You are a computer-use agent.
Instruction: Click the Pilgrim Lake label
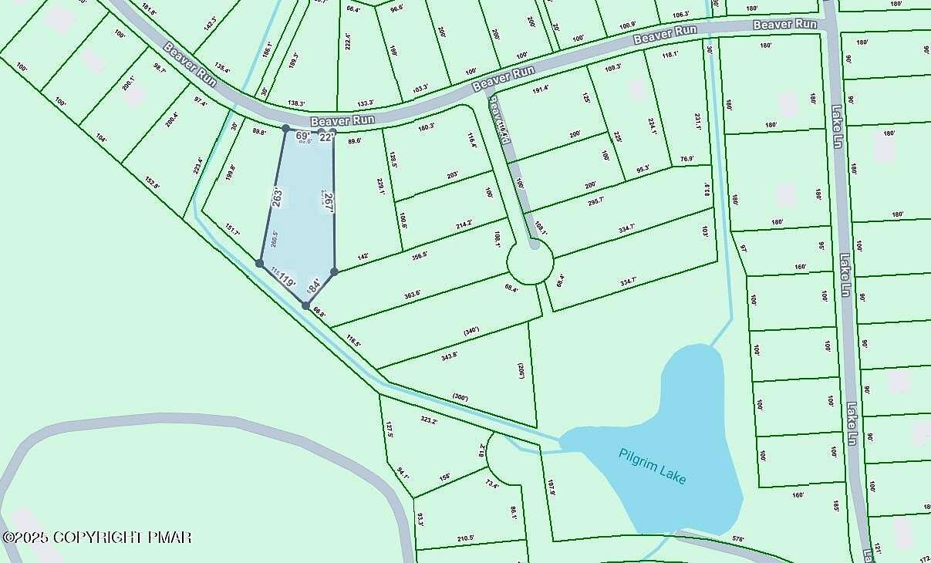[x=652, y=466]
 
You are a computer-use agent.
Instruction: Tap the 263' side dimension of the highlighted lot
[x=276, y=197]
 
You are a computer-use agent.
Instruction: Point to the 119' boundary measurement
[x=287, y=281]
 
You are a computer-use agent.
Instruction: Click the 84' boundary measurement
[x=314, y=287]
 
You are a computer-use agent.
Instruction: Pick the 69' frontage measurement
[x=302, y=136]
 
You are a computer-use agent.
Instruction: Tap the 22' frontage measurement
[x=326, y=137]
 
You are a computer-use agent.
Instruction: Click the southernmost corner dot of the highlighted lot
[x=306, y=306]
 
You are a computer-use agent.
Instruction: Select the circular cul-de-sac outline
[x=529, y=266]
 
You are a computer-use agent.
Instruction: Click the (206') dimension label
[x=522, y=371]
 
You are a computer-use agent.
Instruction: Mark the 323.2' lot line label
[x=429, y=421]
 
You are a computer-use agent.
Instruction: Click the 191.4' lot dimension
[x=540, y=89]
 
